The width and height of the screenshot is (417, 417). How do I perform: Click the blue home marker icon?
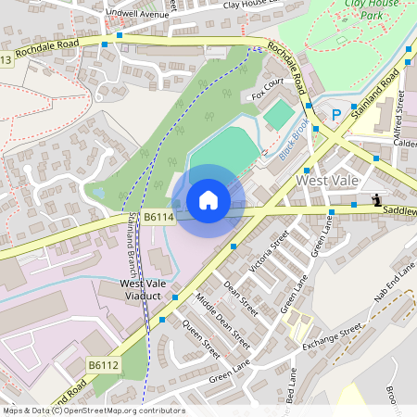(x=208, y=200)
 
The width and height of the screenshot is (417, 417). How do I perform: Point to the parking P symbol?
(x=337, y=114)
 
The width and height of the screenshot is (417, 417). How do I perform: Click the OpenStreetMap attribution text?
(x=94, y=411)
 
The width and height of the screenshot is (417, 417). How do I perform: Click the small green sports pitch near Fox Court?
(x=278, y=115)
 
